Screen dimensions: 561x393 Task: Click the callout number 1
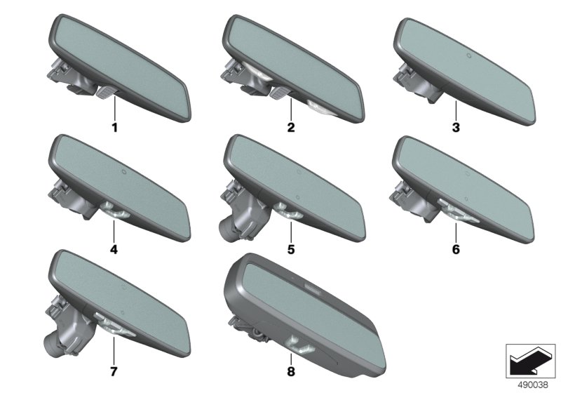(x=114, y=127)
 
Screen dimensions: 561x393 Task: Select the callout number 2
(x=291, y=127)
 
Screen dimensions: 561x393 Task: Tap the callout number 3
(x=456, y=127)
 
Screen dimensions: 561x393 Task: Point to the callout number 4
(x=114, y=249)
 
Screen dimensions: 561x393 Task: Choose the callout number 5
(x=291, y=249)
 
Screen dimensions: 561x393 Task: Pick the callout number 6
(x=456, y=249)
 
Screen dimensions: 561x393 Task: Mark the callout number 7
(x=114, y=371)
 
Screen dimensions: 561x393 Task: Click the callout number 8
(x=291, y=371)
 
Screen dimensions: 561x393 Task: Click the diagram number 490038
(x=533, y=385)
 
